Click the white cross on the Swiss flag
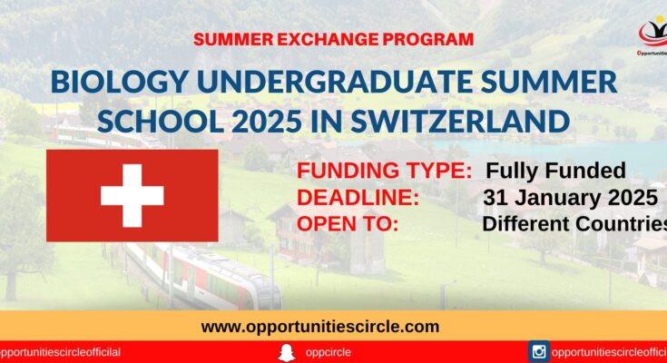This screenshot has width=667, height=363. (132, 196)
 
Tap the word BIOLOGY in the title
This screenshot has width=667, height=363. (119, 82)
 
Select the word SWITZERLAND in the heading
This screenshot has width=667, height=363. (460, 122)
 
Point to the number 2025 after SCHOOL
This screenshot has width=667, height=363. (267, 122)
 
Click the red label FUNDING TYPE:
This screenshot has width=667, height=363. (384, 171)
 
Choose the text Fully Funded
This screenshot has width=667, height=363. (555, 171)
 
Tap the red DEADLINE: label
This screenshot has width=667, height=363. (358, 198)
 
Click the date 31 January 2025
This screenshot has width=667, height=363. (571, 198)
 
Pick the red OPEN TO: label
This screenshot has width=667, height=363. (348, 224)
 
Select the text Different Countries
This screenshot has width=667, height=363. (574, 224)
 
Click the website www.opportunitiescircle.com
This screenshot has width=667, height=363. (320, 327)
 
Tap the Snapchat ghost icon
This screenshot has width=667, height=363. (287, 353)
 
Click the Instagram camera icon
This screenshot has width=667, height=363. (538, 352)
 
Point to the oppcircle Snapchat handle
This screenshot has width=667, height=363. (328, 353)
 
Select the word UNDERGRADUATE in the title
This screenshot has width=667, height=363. (334, 82)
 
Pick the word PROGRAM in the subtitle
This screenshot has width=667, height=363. (428, 40)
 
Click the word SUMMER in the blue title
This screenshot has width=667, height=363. (549, 82)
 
